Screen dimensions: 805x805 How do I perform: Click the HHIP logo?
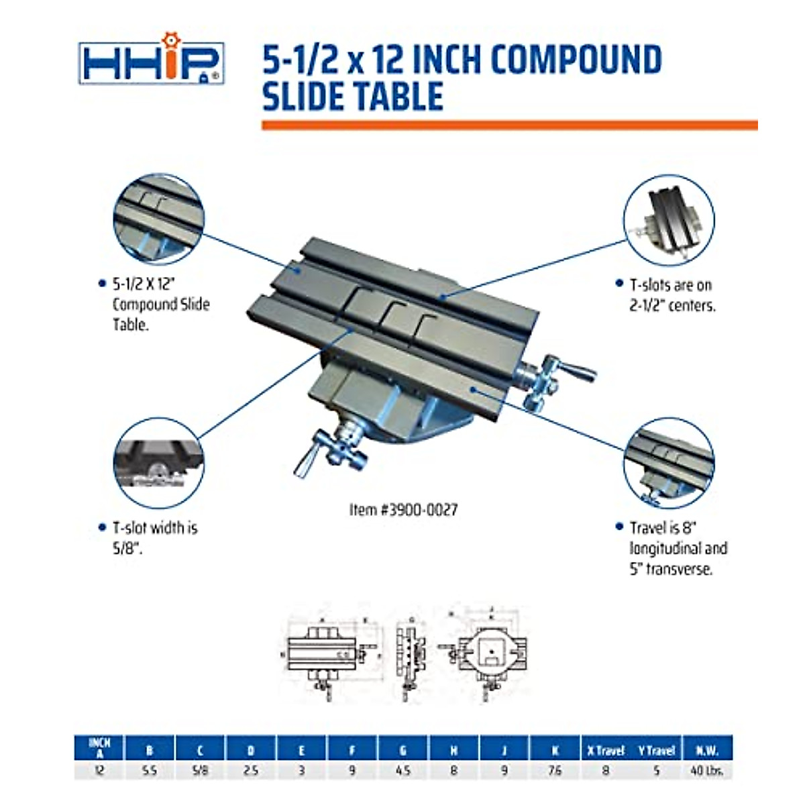(152, 64)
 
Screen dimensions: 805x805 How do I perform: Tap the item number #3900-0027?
(404, 510)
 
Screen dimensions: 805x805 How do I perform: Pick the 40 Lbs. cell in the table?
(707, 771)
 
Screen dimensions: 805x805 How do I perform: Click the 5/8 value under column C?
(200, 771)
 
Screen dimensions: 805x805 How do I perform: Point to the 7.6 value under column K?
(555, 771)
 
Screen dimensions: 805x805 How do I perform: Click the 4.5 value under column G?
(403, 771)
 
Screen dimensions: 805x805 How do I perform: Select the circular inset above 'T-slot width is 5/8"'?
(158, 463)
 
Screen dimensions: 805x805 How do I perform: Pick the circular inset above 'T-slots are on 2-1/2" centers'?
(669, 221)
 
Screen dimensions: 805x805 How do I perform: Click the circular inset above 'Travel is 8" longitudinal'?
(669, 463)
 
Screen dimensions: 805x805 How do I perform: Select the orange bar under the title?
(509, 125)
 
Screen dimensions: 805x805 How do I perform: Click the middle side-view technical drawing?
(409, 654)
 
